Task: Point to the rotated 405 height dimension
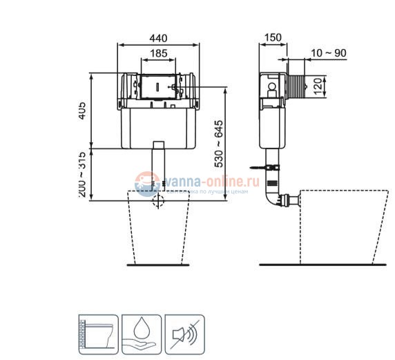(x=81, y=111)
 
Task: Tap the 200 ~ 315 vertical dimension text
(x=81, y=175)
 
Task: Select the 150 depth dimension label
(x=273, y=37)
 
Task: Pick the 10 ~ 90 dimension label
(x=329, y=53)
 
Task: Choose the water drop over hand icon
(x=141, y=334)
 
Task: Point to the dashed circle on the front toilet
(x=159, y=201)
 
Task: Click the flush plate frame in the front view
(x=159, y=88)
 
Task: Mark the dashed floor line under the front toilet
(x=159, y=265)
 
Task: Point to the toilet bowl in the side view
(x=342, y=225)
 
